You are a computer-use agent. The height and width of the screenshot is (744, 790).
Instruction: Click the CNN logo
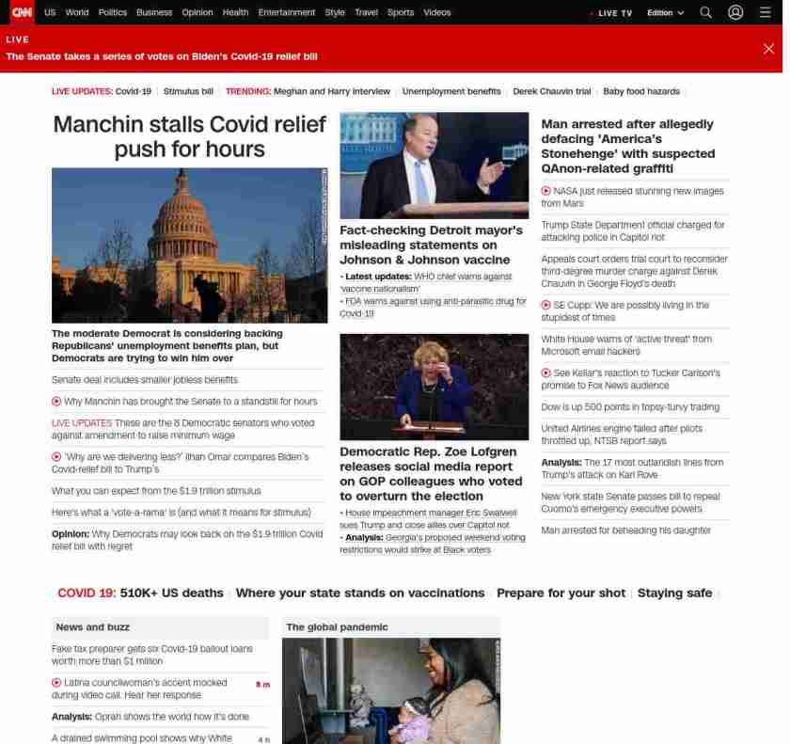(x=22, y=12)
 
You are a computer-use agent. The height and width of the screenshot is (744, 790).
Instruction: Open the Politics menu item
(x=112, y=13)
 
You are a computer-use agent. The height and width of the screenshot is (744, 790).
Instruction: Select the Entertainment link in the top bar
(x=286, y=13)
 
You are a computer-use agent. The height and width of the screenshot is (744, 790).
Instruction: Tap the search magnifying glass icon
(x=705, y=13)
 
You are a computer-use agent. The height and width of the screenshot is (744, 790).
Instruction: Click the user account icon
(x=735, y=13)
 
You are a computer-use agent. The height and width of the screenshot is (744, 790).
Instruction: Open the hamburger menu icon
(x=766, y=13)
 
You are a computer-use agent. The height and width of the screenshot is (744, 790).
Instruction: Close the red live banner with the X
(x=768, y=49)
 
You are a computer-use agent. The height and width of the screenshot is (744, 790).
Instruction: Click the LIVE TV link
(x=614, y=13)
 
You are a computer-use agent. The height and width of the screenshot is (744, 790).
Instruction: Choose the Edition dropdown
(x=665, y=13)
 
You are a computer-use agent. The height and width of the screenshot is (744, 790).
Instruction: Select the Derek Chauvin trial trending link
(x=552, y=91)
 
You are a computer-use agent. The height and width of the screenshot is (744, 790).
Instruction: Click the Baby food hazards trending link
(x=641, y=91)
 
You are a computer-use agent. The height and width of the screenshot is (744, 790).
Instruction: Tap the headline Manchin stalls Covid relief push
(x=189, y=137)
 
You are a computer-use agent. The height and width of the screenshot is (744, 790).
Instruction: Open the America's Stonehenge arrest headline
(x=627, y=146)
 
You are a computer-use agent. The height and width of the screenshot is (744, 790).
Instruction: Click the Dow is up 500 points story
(x=630, y=407)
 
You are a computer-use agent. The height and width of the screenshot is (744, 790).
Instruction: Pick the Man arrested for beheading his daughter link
(x=625, y=530)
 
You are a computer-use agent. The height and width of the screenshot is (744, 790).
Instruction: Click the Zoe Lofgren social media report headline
(x=431, y=473)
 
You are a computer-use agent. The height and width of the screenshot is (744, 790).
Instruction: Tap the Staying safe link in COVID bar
(x=674, y=594)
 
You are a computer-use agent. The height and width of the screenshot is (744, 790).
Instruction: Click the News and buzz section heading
(x=92, y=626)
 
